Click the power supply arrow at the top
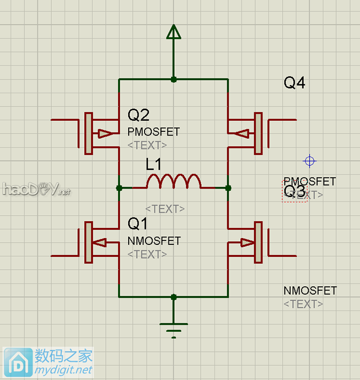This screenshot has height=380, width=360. tap(173, 32)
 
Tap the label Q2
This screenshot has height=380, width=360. tap(139, 115)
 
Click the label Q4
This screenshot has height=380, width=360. tap(295, 83)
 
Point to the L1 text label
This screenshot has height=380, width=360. tap(154, 165)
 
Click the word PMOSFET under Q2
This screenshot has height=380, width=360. tap(154, 131)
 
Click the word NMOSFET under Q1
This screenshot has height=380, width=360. tap(154, 241)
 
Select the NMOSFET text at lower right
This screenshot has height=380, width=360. tap(310, 291)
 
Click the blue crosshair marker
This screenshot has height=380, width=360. tap(310, 161)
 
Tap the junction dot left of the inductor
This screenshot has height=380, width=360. tap(119, 188)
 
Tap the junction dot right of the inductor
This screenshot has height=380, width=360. tap(228, 188)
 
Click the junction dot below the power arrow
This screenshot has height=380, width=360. tap(174, 79)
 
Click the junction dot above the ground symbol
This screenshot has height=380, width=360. tap(174, 297)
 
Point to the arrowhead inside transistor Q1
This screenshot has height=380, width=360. tap(100, 243)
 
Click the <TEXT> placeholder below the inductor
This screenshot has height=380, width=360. tap(165, 209)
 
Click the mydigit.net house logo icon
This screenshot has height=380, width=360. tap(18, 363)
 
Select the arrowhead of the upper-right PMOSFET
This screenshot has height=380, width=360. tap(242, 134)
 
